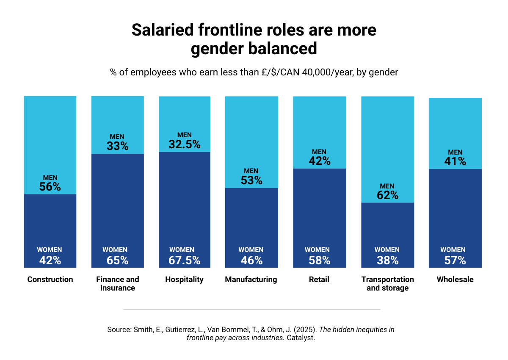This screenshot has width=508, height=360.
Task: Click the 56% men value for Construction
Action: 50,187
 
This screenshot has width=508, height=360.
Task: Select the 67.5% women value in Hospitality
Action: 185,260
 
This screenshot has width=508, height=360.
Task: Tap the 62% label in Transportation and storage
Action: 387,195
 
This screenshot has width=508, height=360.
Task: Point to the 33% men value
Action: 117,146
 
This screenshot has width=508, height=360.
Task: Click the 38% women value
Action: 387,260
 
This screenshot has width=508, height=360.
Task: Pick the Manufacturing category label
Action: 251,280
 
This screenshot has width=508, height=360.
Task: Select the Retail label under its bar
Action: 319,280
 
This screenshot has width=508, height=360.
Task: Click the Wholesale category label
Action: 455,280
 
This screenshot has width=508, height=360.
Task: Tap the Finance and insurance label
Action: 117,284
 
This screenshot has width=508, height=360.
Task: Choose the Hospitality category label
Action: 184,280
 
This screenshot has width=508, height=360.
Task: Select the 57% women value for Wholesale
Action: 455,260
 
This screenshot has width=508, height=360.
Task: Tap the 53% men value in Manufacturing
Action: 251,180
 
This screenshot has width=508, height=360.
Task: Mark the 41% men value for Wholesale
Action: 455,161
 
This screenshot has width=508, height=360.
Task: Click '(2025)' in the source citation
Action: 305,330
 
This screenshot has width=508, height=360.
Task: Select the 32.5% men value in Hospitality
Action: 185,144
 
